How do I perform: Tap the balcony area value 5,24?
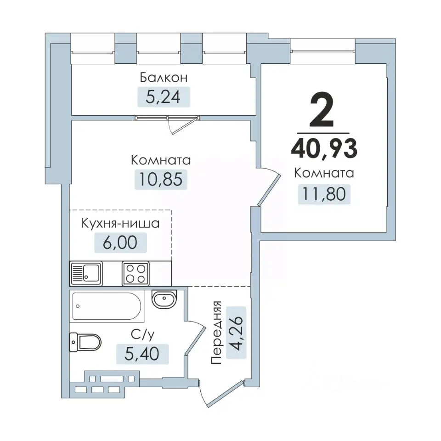[164, 96]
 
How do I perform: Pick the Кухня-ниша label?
[120, 224]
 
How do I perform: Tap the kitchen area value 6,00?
[120, 242]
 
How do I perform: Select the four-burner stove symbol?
[136, 273]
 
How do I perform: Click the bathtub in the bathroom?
[107, 306]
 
